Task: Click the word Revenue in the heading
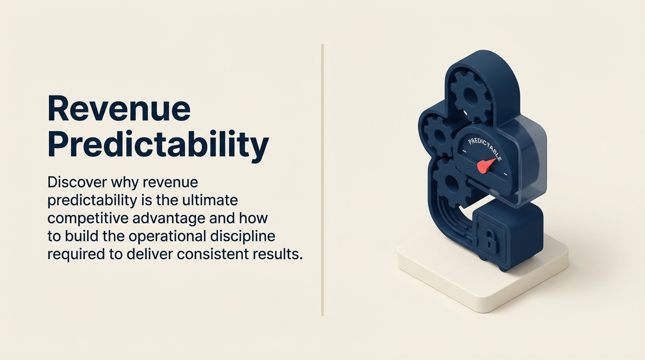point(119,109)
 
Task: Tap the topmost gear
point(470,97)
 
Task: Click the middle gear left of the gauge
point(438,135)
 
